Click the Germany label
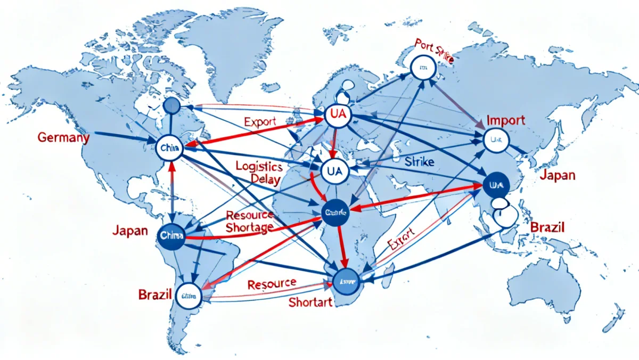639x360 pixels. click(63, 137)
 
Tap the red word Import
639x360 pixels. click(505, 120)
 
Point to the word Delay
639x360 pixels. click(265, 179)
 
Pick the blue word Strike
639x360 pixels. click(419, 161)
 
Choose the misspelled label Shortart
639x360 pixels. click(310, 302)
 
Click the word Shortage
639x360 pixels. click(249, 228)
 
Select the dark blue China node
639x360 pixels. click(171, 235)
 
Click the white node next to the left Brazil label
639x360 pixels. click(190, 296)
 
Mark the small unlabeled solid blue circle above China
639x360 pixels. click(172, 105)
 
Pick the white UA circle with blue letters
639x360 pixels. click(335, 171)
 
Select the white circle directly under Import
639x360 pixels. click(496, 140)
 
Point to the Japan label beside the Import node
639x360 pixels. click(557, 175)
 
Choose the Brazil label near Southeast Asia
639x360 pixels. click(547, 227)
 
